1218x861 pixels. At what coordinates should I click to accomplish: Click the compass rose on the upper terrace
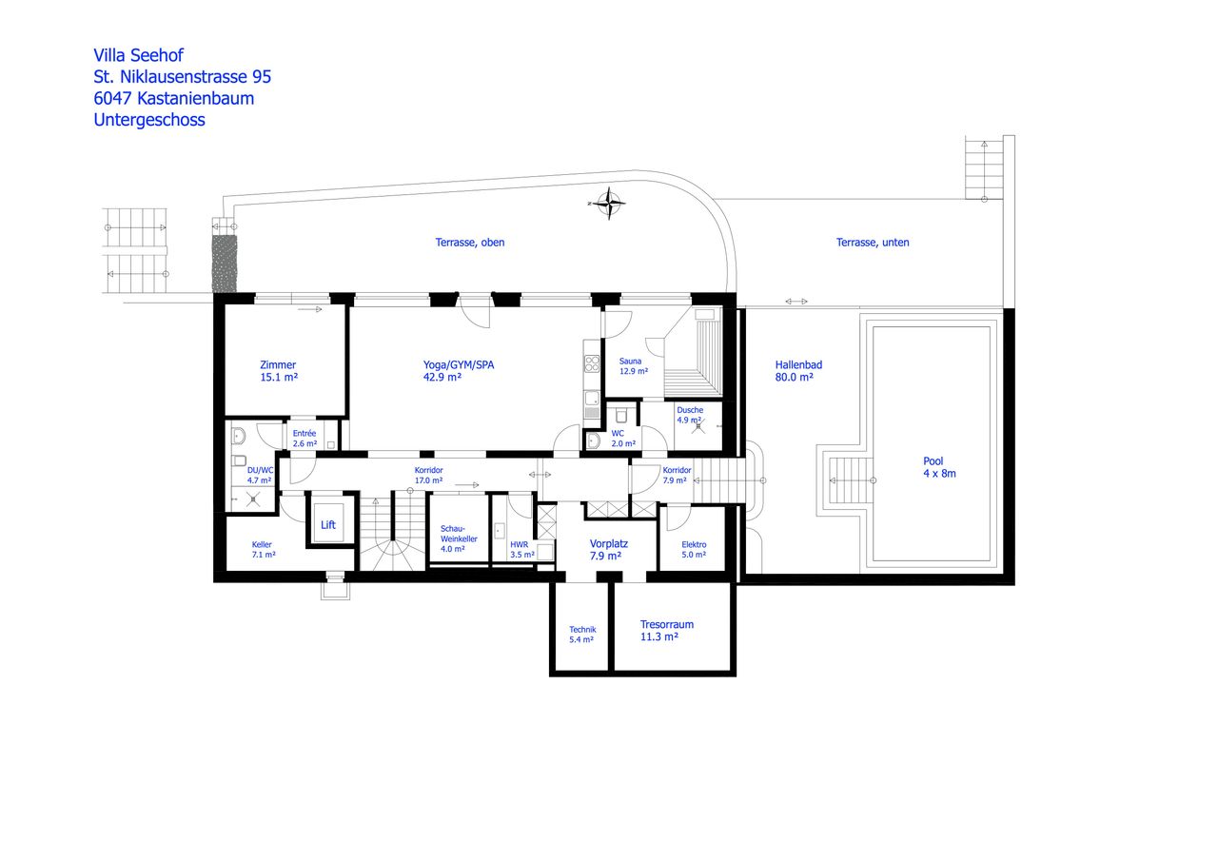point(606,203)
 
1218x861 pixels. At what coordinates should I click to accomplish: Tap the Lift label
point(327,525)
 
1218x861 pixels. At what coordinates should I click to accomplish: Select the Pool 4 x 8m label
point(939,467)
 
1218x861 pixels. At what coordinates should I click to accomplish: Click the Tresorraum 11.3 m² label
point(666,631)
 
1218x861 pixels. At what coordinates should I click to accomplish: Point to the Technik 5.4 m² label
point(581,635)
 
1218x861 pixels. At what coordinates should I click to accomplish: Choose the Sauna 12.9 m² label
point(633,365)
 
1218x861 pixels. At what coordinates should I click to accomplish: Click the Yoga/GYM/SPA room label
point(458,370)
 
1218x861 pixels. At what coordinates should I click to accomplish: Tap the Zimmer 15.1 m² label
point(278,371)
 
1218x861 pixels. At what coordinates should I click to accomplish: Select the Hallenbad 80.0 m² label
point(797,370)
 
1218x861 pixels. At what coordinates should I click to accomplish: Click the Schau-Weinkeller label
point(452,538)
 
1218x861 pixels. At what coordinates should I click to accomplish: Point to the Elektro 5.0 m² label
point(694,549)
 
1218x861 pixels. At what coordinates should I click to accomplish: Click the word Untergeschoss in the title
point(149,120)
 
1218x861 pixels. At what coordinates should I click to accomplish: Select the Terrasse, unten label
point(873,243)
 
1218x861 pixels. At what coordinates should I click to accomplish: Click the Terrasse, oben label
point(470,243)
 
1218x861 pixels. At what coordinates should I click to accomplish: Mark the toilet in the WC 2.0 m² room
point(620,415)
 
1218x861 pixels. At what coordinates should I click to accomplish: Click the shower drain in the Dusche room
point(698,428)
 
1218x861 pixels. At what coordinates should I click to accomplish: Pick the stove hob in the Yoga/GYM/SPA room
point(591,362)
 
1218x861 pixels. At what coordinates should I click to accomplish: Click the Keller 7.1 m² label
point(264,549)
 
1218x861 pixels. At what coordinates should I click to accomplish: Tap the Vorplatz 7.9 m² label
point(605,549)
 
